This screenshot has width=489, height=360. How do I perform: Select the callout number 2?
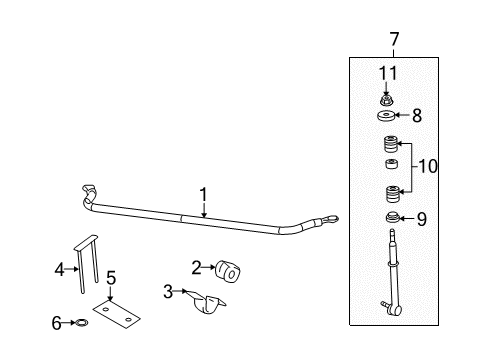pos(197,266)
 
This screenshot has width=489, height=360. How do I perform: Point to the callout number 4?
pos(58,268)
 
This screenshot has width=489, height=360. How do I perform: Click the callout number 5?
pos(112,277)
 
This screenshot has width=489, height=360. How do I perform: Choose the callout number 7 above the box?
pos(393,39)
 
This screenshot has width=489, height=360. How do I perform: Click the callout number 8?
pos(419,115)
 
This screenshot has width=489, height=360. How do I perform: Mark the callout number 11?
pos(387,72)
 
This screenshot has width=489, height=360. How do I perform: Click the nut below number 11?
pos(387,99)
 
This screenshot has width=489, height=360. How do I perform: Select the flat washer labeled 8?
pos(388,117)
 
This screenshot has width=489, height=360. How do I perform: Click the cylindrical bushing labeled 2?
pos(231,270)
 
